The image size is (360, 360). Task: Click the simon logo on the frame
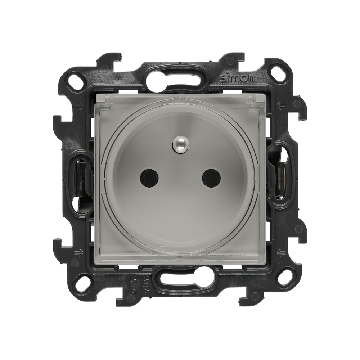(x=237, y=78)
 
